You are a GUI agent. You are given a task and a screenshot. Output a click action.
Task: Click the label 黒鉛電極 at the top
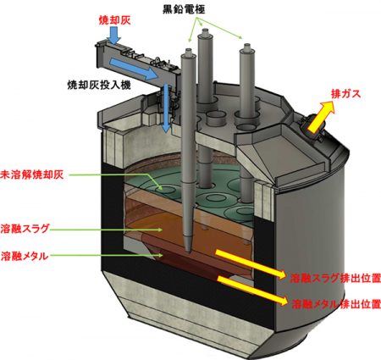click(x=184, y=9)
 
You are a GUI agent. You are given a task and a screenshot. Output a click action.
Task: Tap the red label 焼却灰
click(x=114, y=20)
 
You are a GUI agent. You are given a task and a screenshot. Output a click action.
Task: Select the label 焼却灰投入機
click(x=99, y=85)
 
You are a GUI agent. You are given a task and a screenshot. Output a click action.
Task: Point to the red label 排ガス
click(x=345, y=94)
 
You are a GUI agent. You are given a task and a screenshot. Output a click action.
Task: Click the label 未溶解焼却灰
click(x=31, y=174)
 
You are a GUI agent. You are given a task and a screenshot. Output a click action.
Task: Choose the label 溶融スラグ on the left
click(x=25, y=229)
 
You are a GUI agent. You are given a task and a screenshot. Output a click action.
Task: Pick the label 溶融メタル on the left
click(x=25, y=256)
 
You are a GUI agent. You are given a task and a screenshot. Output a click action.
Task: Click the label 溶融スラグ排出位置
click(x=335, y=278)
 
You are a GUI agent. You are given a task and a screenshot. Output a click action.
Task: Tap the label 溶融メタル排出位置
click(x=336, y=304)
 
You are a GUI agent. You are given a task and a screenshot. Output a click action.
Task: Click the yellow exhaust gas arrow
click(x=321, y=117)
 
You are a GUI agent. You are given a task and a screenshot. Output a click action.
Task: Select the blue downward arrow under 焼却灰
click(x=114, y=36)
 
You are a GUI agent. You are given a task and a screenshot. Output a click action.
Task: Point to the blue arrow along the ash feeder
click(x=133, y=69)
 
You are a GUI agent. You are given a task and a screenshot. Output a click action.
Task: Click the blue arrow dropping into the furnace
click(x=166, y=108)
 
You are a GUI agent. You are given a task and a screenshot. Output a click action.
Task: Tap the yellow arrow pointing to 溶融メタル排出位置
click(x=252, y=291)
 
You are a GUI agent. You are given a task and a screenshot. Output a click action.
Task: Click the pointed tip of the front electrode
click(x=188, y=252)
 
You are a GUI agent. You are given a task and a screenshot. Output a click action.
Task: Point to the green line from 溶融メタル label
click(x=107, y=256)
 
